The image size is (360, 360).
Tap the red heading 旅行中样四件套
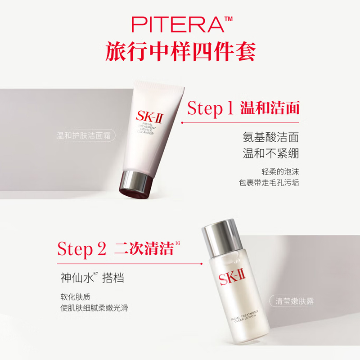click(180, 51)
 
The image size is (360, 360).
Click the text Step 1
click(210, 108)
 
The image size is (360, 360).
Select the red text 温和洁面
click(270, 108)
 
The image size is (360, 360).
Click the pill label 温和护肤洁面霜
click(84, 135)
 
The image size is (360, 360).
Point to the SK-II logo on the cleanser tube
click(149, 117)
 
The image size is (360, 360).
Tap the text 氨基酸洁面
click(271, 137)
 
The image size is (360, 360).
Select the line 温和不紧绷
click(271, 153)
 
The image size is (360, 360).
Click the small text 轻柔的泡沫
click(280, 172)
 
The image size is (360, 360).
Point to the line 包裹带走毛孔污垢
click(269, 183)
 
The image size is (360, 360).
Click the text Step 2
click(82, 249)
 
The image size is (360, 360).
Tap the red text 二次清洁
click(144, 249)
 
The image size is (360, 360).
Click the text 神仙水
click(77, 278)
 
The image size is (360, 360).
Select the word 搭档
click(113, 278)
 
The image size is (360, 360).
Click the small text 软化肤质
click(75, 297)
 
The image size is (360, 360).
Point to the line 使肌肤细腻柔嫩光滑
click(94, 308)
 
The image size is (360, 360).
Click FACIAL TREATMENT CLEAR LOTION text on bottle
click(244, 317)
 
